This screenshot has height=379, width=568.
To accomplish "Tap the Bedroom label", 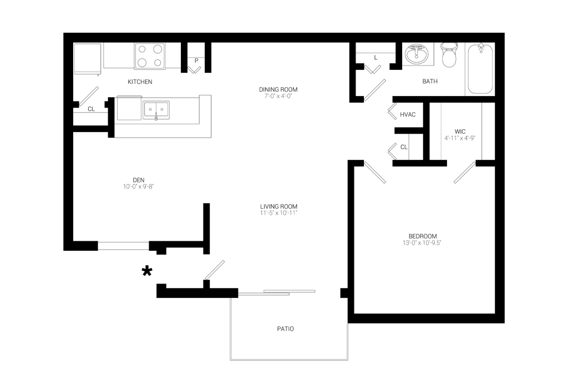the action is coord(424,240).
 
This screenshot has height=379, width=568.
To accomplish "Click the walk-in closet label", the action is coord(460,135).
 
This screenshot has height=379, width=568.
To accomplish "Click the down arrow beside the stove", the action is coord(194,67).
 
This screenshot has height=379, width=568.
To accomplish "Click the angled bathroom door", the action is coord(376,90).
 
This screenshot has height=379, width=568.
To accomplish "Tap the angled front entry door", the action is coord(214,269).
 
